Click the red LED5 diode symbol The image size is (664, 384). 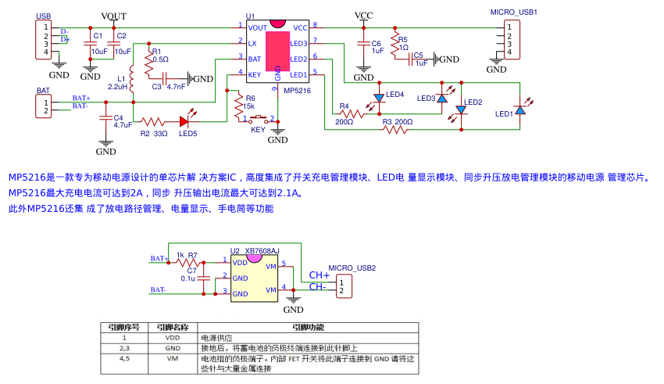coord(186,121)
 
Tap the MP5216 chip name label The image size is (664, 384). coord(297,91)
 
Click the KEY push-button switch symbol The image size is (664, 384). coord(260,120)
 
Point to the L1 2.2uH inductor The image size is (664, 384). coord(132,79)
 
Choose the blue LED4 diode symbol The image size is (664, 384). coord(379,99)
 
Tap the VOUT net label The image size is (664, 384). coord(113,16)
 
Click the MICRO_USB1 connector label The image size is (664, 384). coord(513,13)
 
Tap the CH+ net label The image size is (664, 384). coord(320,275)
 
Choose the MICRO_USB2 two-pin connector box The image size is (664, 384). coord(342,286)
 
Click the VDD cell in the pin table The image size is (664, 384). coord(172,338)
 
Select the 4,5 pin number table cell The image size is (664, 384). coord(124,358)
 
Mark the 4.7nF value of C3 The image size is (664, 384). coord(176,87)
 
